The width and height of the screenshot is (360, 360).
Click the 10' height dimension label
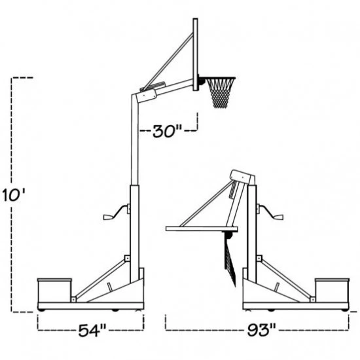pyautogui.click(x=14, y=195)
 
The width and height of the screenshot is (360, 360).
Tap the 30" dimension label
pyautogui.click(x=167, y=132)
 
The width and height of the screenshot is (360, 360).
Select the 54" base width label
pyautogui.click(x=92, y=331)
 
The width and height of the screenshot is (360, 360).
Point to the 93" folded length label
pyautogui.click(x=261, y=331)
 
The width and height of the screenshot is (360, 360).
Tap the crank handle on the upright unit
pyautogui.click(x=116, y=212)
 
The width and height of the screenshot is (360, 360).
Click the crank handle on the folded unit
pyautogui.click(x=270, y=212)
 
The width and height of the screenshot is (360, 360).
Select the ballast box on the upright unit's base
pyautogui.click(x=54, y=291)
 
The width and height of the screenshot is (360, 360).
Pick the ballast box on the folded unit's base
pyautogui.click(x=333, y=291)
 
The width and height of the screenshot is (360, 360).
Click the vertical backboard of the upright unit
pyautogui.click(x=196, y=54)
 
